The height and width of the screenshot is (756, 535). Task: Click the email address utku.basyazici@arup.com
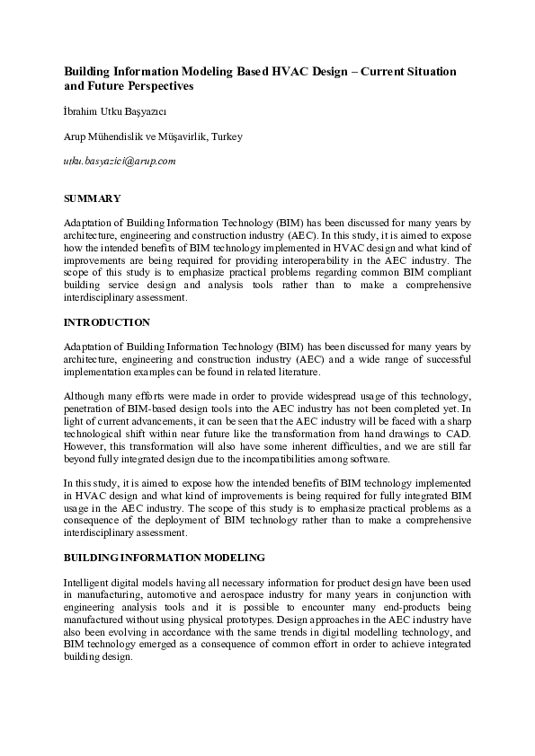[x=119, y=162]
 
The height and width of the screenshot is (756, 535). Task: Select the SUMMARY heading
[x=93, y=198]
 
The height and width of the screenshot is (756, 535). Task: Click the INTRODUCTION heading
[x=107, y=321]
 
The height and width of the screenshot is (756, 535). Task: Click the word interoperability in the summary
[x=291, y=259]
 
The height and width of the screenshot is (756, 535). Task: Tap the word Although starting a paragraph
[x=86, y=395]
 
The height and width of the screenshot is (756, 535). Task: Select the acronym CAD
[x=459, y=433]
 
